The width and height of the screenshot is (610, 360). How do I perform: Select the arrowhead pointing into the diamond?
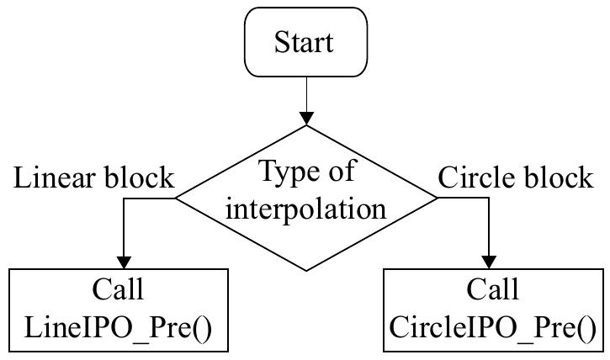pyautogui.click(x=305, y=118)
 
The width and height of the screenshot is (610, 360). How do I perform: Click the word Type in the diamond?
pyautogui.click(x=281, y=172)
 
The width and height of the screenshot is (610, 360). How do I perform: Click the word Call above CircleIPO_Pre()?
pyautogui.click(x=495, y=290)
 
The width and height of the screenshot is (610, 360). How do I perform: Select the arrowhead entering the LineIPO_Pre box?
pyautogui.click(x=125, y=261)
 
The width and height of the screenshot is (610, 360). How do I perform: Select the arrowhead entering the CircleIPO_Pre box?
pyautogui.click(x=489, y=261)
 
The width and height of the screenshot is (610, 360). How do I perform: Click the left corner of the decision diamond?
pyautogui.click(x=176, y=199)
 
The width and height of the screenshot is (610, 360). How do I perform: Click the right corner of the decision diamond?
pyautogui.click(x=436, y=199)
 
